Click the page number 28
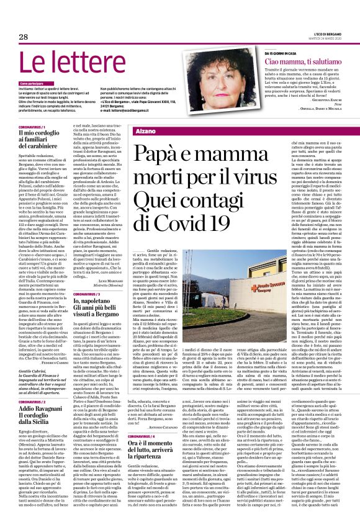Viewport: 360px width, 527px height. pyautogui.click(x=23, y=37)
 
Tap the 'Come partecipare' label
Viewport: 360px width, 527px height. pyautogui.click(x=32, y=83)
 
